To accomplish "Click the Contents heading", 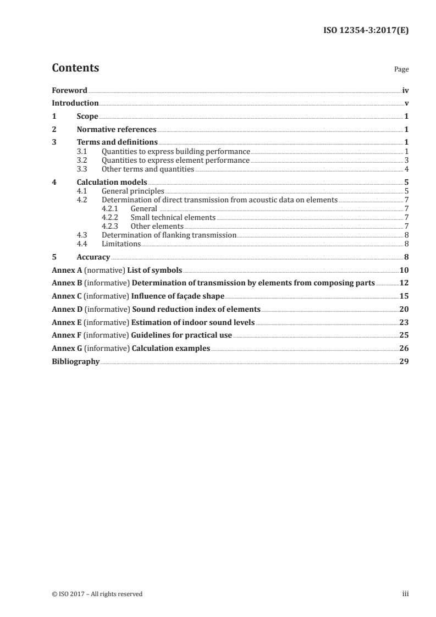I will pyautogui.click(x=75, y=68).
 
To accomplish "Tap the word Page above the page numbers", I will pyautogui.click(x=401, y=70).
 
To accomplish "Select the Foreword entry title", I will pyautogui.click(x=69, y=90).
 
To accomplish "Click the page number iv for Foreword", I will pyautogui.click(x=405, y=90).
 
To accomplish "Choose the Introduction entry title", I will pyautogui.click(x=75, y=103).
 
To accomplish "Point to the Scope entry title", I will pyautogui.click(x=87, y=117).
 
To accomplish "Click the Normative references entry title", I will pyautogui.click(x=117, y=130).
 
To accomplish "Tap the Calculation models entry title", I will pyautogui.click(x=112, y=183).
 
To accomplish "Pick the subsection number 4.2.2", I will pyautogui.click(x=110, y=218).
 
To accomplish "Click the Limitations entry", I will pyautogui.click(x=121, y=244).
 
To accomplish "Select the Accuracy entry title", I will pyautogui.click(x=93, y=257).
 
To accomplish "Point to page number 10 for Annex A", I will pyautogui.click(x=404, y=271).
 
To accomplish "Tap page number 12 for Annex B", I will pyautogui.click(x=404, y=283).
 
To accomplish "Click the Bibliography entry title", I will pyautogui.click(x=76, y=362).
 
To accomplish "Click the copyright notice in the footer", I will pyautogui.click(x=97, y=594).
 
